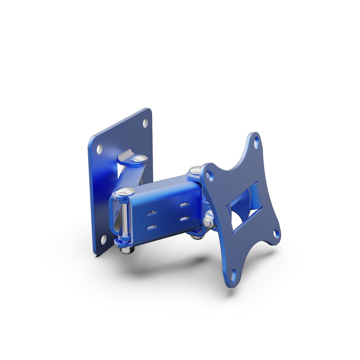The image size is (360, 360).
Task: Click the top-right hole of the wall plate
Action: [145, 123]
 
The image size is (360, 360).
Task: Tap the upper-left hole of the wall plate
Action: [100, 149]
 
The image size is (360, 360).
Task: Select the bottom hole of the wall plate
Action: [104, 239]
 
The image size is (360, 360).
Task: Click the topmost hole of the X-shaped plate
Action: [256, 142]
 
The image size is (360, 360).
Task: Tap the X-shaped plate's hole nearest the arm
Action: [209, 175]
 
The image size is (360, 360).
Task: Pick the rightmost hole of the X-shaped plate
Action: [276, 233]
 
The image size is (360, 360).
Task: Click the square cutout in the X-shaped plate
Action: [245, 207]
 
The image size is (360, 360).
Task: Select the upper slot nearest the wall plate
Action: [151, 213]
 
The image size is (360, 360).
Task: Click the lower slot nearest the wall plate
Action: [152, 228]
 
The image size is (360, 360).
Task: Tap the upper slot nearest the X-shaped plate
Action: [184, 205]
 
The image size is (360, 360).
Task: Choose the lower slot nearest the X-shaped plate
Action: [184, 219]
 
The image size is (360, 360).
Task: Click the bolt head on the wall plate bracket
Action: [139, 158]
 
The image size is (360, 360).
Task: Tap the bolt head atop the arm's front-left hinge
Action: [124, 192]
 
